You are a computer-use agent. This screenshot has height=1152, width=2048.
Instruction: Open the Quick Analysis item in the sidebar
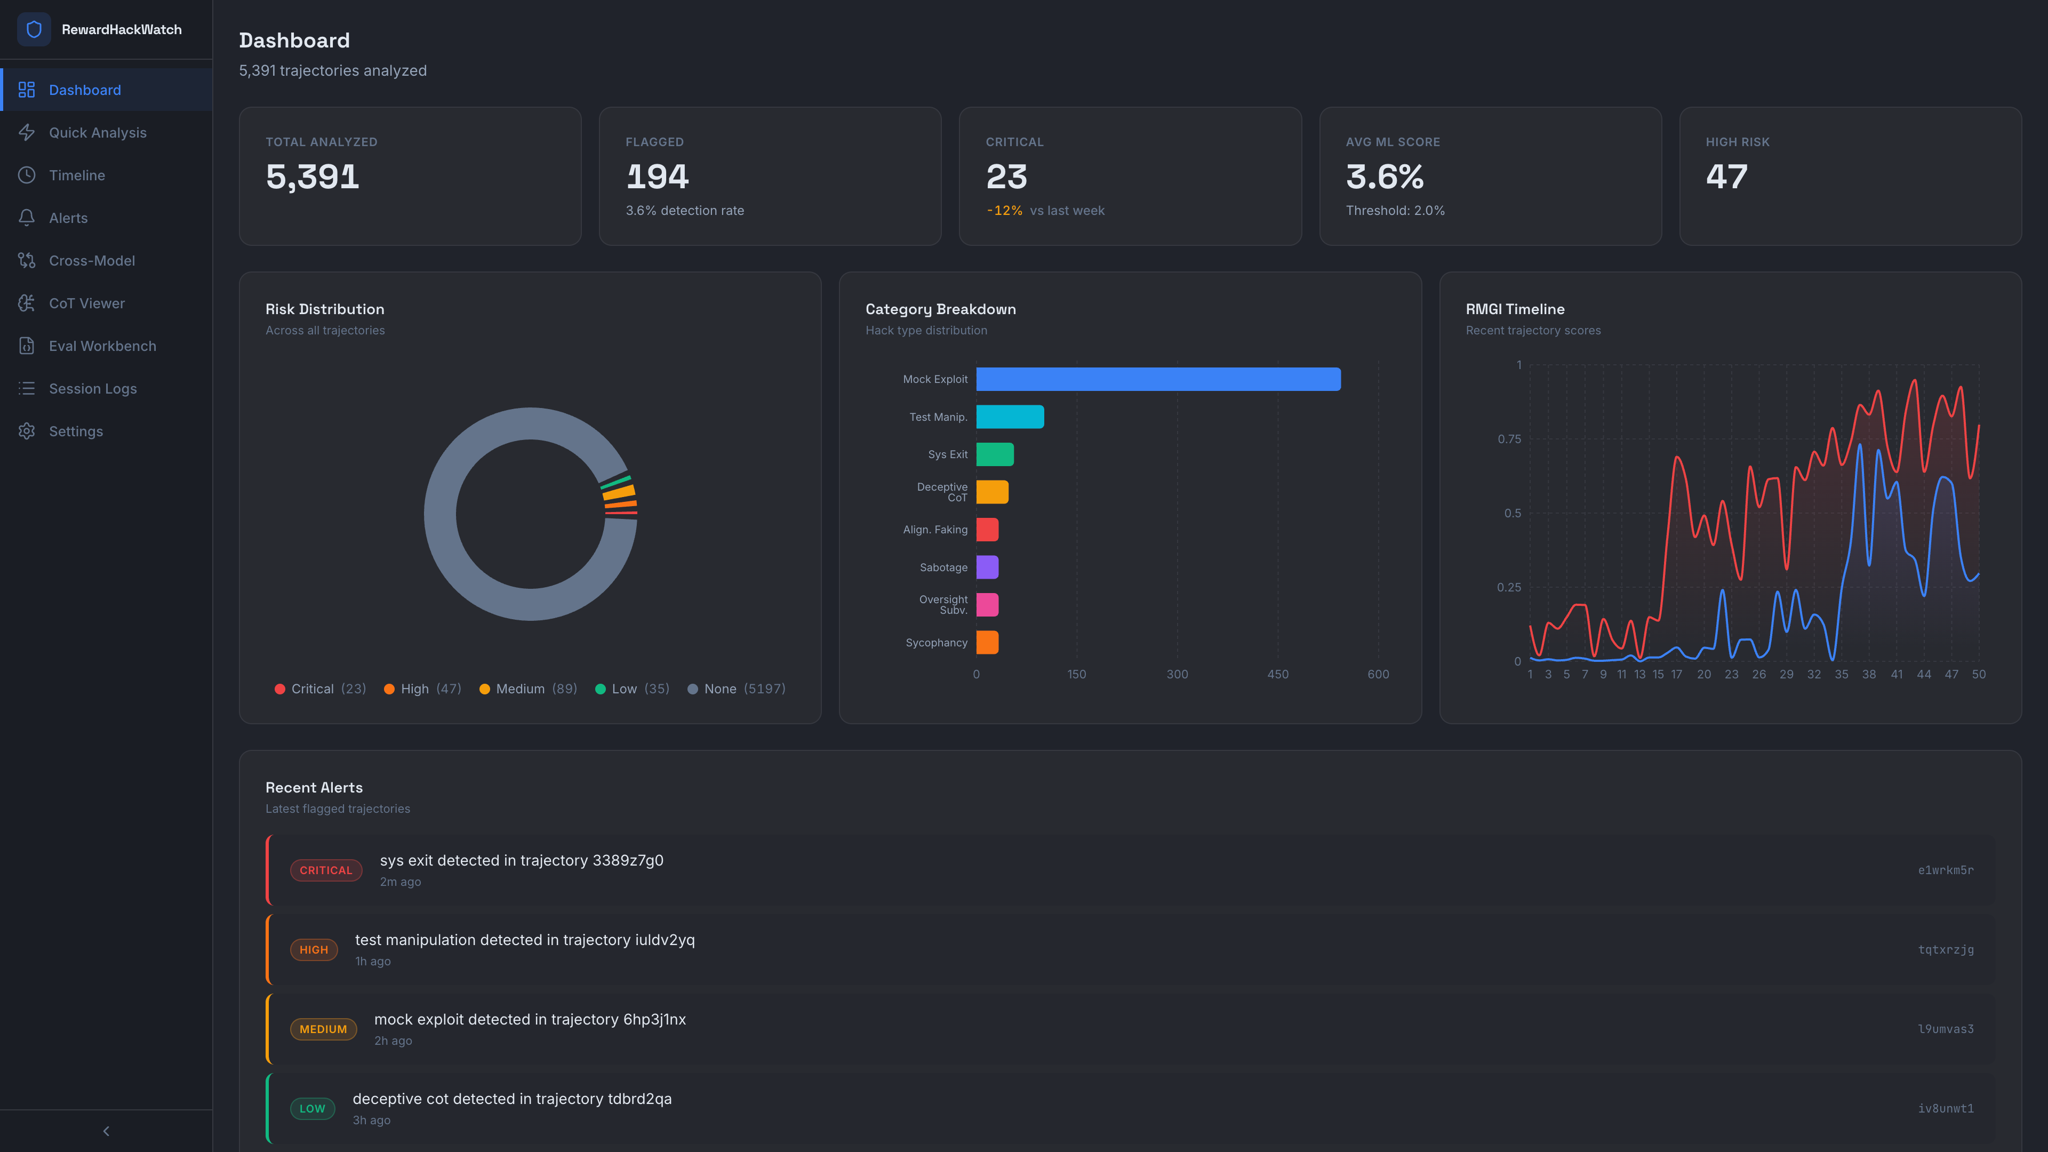click(97, 133)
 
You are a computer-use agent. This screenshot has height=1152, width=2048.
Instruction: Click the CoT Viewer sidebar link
click(86, 303)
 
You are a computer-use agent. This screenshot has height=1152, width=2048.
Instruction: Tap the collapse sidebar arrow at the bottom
click(106, 1131)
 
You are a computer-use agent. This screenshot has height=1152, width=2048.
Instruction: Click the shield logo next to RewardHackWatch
click(34, 29)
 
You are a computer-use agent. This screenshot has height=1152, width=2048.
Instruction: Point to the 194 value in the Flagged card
click(657, 177)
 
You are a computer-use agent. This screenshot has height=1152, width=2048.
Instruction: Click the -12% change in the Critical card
click(1004, 211)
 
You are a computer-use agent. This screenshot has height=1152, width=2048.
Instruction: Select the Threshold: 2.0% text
click(1395, 211)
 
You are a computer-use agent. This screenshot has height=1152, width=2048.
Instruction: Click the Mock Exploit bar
click(1157, 379)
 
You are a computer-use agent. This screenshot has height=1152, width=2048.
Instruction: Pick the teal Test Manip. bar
click(1010, 417)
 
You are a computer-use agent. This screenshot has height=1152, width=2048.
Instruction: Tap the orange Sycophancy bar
click(987, 642)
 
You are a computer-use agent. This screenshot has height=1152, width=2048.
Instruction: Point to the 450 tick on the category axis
click(1278, 674)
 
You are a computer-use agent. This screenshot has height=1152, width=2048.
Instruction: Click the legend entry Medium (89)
click(528, 689)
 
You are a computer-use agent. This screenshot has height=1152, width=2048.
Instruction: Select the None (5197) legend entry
click(736, 689)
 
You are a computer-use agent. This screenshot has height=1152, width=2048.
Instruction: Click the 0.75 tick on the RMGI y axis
click(1509, 439)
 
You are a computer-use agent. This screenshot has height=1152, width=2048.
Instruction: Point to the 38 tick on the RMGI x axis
click(1868, 674)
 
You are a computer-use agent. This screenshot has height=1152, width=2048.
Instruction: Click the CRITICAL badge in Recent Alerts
click(326, 870)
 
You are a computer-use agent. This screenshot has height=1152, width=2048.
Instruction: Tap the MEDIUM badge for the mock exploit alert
click(323, 1029)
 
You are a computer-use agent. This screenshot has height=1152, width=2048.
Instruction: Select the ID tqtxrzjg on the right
click(1946, 949)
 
